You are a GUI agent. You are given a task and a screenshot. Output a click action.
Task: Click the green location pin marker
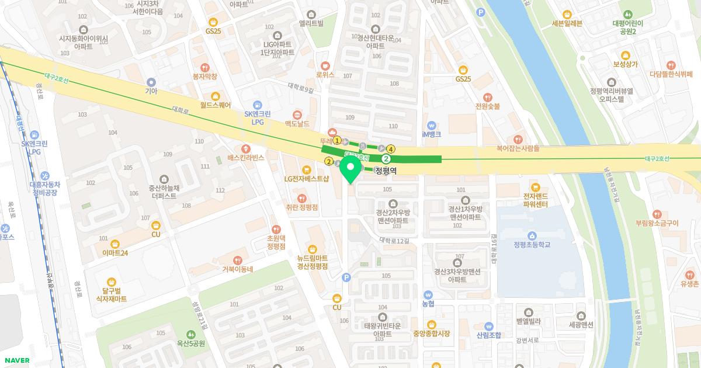pyautogui.click(x=350, y=172)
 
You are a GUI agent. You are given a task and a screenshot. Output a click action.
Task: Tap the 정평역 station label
pyautogui.click(x=386, y=171)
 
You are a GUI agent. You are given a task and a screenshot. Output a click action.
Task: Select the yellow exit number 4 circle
pyautogui.click(x=391, y=149)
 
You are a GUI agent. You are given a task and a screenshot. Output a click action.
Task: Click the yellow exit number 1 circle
pyautogui.click(x=337, y=140)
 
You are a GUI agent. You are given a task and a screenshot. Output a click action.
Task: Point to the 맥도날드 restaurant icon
pyautogui.click(x=297, y=114)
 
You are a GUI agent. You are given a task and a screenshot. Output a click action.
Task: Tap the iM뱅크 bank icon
pyautogui.click(x=431, y=125)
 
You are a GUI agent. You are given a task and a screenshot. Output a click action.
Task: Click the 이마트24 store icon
pyautogui.click(x=115, y=243)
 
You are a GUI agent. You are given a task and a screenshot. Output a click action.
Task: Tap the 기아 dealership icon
pyautogui.click(x=151, y=82)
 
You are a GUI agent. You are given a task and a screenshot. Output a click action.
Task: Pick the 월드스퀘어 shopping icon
pyautogui.click(x=215, y=96)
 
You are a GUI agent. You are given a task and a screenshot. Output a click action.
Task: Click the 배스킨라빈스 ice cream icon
pyautogui.click(x=246, y=148)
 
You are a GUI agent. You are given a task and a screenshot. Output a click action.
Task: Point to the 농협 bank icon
pyautogui.click(x=428, y=295)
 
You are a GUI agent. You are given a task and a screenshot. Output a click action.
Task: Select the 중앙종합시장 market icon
pyautogui.click(x=431, y=324)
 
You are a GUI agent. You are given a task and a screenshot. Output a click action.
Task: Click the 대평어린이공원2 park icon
pyautogui.click(x=627, y=14)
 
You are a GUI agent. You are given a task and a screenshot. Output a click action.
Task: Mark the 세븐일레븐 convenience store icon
pyautogui.click(x=566, y=14)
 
